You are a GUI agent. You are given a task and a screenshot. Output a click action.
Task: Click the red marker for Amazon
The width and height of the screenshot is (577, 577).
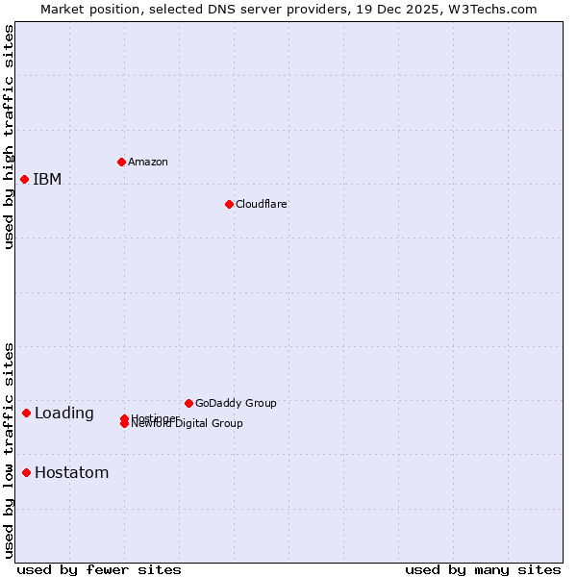[121, 162]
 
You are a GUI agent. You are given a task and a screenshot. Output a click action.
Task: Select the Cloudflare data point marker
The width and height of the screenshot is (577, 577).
[229, 204]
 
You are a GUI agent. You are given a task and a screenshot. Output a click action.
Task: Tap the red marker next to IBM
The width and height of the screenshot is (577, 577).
[24, 179]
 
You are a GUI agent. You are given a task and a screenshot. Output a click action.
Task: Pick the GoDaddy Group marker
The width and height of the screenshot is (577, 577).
[188, 403]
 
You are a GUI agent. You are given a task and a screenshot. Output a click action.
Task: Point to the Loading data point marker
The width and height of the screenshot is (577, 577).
[26, 413]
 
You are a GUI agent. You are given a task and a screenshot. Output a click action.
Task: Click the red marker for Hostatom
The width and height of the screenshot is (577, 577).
[26, 472]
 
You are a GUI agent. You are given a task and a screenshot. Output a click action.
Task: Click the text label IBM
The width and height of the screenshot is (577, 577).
[47, 179]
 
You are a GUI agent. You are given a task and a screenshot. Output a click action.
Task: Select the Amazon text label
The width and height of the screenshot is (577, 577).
[147, 162]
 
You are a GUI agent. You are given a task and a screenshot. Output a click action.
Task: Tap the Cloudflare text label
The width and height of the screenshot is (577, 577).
[261, 204]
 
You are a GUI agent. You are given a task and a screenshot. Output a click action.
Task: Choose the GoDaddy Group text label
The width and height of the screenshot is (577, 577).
[235, 403]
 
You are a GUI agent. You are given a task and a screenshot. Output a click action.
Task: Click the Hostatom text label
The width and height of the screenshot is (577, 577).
[71, 472]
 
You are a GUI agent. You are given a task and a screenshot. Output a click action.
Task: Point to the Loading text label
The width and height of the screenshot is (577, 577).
[63, 414]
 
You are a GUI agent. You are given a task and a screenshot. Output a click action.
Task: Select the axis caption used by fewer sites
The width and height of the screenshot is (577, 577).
[99, 569]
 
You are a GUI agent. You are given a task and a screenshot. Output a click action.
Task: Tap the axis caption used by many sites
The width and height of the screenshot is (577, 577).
[483, 569]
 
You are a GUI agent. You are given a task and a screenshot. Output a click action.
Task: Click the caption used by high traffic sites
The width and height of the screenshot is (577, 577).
[9, 137]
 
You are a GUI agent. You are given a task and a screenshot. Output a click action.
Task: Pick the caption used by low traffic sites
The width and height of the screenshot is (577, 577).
[9, 450]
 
